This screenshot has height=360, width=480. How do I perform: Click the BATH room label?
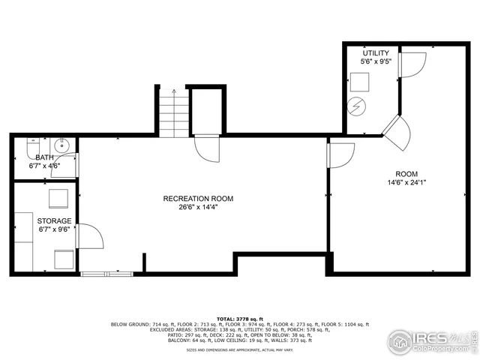tap(44, 157)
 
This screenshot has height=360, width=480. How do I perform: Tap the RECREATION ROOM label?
tap(198, 199)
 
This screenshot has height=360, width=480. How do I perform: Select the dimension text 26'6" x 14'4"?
tap(198, 208)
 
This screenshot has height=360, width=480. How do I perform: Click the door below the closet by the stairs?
tap(206, 148)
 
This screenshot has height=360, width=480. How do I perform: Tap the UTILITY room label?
tap(376, 53)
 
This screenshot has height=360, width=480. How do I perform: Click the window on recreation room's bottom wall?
tap(107, 272)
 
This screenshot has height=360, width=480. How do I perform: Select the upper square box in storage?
tap(58, 198)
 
